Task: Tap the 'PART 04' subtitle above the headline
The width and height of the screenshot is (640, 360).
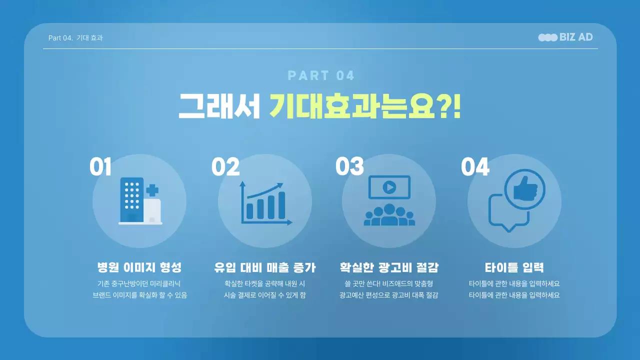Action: click(x=321, y=76)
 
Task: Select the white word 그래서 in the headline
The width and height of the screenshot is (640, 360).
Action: click(x=219, y=105)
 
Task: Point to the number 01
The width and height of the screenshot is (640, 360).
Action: click(x=100, y=167)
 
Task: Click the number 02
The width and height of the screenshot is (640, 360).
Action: click(x=225, y=167)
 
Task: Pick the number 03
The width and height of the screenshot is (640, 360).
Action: click(x=349, y=167)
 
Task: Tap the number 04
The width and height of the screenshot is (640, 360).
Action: click(x=475, y=167)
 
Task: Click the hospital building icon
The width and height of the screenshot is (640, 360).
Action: click(x=132, y=200)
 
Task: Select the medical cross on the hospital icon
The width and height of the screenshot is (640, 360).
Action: click(x=152, y=190)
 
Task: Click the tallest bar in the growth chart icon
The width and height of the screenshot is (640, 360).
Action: click(x=281, y=205)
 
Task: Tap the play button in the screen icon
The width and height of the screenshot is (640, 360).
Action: click(x=389, y=187)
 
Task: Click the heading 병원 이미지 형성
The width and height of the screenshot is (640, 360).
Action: click(x=139, y=267)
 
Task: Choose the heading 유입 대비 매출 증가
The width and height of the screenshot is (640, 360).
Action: click(x=264, y=267)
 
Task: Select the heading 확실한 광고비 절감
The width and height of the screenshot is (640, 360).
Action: click(x=388, y=267)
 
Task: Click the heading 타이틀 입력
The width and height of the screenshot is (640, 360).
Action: click(x=514, y=267)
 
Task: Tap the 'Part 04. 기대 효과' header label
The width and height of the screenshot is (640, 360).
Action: click(x=75, y=38)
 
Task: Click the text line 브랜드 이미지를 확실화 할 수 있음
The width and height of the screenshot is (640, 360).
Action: click(x=140, y=295)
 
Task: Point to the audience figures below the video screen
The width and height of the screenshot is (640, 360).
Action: click(x=389, y=215)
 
